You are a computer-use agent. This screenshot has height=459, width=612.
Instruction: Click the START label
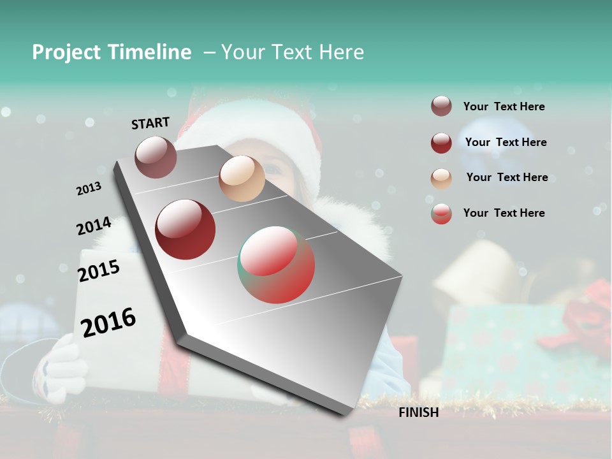click(150, 123)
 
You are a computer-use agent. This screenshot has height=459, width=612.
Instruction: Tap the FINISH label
click(419, 412)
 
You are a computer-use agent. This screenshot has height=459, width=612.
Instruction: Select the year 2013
click(89, 189)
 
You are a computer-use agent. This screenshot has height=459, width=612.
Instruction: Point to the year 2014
click(94, 226)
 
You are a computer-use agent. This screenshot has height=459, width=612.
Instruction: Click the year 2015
click(99, 271)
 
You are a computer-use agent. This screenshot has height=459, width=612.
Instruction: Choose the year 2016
click(108, 322)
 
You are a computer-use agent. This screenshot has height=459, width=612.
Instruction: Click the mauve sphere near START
click(156, 157)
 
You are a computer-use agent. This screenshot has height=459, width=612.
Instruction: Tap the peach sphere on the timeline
click(242, 178)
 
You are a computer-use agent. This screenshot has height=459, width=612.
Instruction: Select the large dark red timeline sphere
click(186, 229)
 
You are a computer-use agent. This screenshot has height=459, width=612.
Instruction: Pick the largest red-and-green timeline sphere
click(276, 265)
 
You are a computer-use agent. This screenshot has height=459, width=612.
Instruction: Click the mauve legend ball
click(441, 106)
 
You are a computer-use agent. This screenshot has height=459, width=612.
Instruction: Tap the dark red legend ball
click(441, 143)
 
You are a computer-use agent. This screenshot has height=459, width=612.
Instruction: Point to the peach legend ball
click(441, 178)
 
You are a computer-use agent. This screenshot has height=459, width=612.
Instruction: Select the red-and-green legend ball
click(441, 214)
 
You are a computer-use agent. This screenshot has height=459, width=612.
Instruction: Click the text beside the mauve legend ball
click(504, 106)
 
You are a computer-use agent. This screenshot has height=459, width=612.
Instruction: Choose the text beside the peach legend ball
click(507, 177)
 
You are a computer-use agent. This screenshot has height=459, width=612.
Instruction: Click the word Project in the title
click(66, 52)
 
